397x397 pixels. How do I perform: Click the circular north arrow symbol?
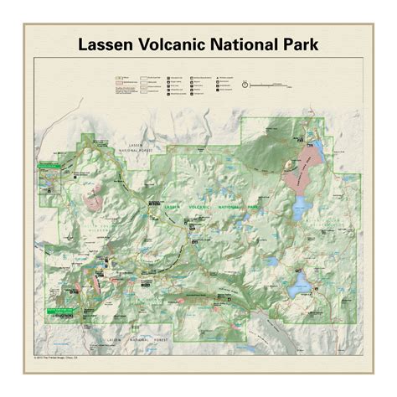[244, 85]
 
